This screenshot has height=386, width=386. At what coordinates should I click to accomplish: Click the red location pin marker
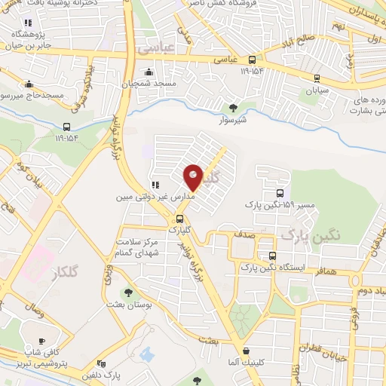tap(194, 177)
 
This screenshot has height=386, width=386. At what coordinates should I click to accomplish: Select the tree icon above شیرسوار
tap(232, 106)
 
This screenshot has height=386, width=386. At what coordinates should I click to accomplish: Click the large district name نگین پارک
tap(311, 236)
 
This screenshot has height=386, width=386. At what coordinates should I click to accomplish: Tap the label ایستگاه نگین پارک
tap(282, 268)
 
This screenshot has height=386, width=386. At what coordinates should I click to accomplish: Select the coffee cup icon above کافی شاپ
tap(41, 341)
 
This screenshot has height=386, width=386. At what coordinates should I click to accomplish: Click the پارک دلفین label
tap(102, 375)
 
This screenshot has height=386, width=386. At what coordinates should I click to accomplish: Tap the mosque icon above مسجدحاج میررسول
tap(29, 84)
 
